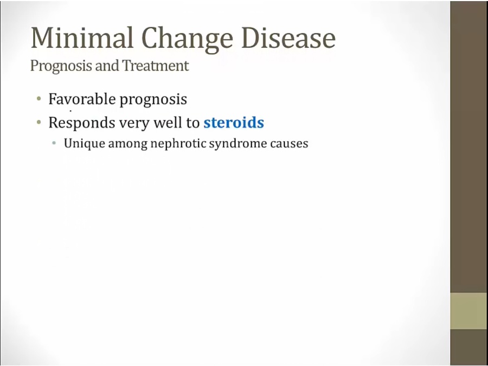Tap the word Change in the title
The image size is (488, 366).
point(187,40)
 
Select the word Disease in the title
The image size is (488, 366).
point(288,37)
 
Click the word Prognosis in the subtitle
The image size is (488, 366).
point(61,66)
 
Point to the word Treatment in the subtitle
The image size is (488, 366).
point(155,66)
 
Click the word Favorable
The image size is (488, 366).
point(82,99)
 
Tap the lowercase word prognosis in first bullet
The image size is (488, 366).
point(153,101)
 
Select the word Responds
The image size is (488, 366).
point(81,123)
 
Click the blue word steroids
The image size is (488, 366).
point(234,123)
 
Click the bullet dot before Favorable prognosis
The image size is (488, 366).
point(39,99)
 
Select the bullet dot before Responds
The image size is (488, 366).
point(39,123)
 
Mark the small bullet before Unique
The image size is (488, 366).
point(54,144)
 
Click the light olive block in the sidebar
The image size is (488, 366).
point(468,311)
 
